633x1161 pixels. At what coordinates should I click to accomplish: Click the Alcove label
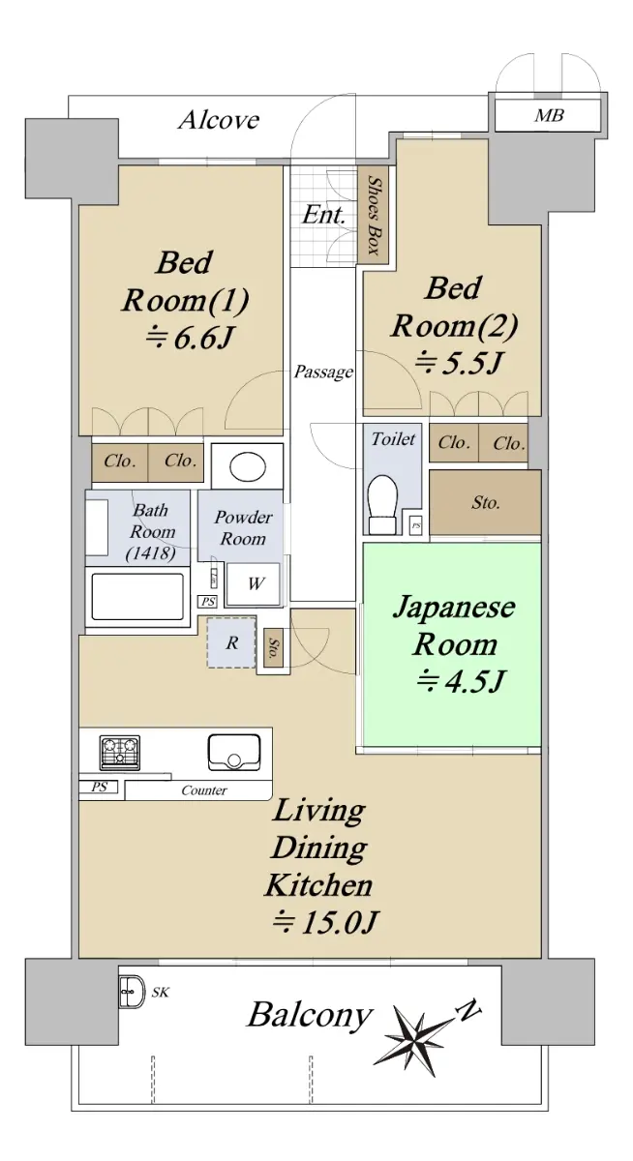(219, 120)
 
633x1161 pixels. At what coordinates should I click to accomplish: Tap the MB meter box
(548, 115)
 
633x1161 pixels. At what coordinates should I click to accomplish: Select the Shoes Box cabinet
(374, 215)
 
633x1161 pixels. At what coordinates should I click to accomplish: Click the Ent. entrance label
(323, 215)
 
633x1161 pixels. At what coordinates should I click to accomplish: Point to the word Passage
(323, 372)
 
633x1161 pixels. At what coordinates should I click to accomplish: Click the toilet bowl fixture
(382, 503)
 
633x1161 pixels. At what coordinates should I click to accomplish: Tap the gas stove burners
(120, 753)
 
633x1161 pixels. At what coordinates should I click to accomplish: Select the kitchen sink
(234, 752)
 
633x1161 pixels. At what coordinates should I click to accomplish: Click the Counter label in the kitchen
(204, 789)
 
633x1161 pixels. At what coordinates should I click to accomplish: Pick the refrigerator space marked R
(231, 642)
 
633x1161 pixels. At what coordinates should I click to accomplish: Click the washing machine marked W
(254, 583)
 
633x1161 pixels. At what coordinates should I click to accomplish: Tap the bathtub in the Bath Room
(137, 597)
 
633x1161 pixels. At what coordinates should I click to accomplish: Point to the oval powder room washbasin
(248, 467)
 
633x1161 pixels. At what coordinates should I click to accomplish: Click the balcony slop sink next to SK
(132, 992)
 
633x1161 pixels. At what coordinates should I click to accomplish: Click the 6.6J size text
(187, 338)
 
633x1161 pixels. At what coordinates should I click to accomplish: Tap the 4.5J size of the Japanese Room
(460, 680)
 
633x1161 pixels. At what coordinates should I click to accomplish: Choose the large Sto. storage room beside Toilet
(485, 502)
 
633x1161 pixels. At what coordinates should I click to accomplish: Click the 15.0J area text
(325, 922)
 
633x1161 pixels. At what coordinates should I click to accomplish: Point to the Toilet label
(393, 439)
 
